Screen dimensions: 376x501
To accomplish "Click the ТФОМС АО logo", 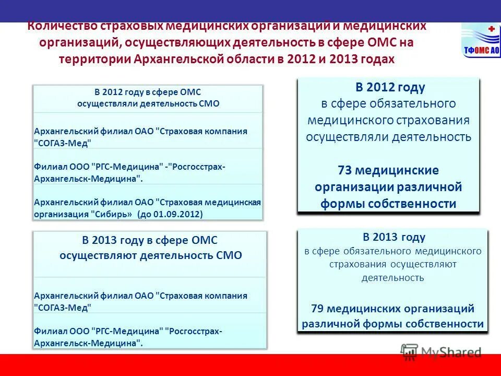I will [x=481, y=40].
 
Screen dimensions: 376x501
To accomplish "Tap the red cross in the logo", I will [x=490, y=29].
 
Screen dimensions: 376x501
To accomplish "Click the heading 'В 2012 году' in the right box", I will [x=390, y=87].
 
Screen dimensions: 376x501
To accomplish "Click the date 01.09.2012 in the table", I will [x=181, y=214].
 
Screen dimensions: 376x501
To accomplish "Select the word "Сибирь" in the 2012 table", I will [x=113, y=214].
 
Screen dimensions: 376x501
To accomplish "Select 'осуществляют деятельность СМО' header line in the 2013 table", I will [x=150, y=255].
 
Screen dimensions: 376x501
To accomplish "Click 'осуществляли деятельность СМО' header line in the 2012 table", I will [x=148, y=103].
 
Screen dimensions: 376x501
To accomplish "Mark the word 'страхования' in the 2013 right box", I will [x=356, y=264].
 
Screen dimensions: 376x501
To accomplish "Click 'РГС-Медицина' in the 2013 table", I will [x=125, y=331].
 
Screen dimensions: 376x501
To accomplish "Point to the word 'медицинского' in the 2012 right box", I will [x=350, y=121].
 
